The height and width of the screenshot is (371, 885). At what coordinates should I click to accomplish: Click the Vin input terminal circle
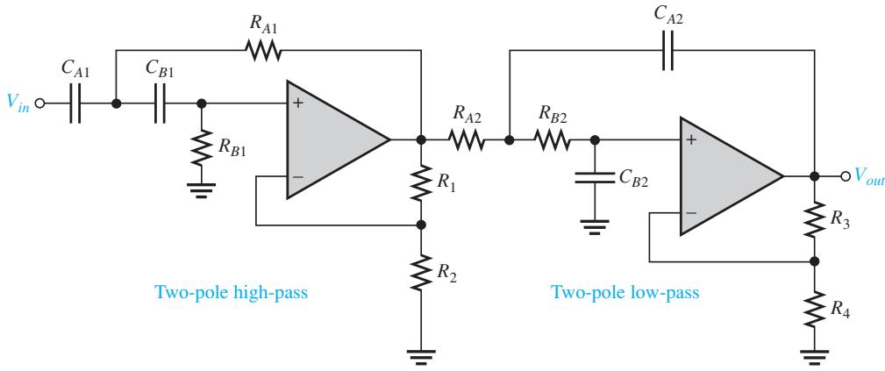pos(39,103)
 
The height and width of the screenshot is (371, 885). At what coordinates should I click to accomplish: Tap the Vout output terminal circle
pos(845,176)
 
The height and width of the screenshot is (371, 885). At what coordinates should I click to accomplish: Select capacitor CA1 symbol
pos(75,103)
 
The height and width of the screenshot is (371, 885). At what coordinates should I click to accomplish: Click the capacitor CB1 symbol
pos(161,103)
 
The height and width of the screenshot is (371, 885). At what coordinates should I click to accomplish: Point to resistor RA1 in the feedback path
pos(264,50)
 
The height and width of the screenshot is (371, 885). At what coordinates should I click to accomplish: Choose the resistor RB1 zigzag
pos(202,147)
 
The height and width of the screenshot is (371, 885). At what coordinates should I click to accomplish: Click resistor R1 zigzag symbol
pos(420,182)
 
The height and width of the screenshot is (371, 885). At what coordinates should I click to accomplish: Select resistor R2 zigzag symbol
pos(420,272)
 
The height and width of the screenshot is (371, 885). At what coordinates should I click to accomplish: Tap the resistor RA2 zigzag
pos(467,139)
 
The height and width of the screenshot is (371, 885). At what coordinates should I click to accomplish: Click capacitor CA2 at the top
pos(667,50)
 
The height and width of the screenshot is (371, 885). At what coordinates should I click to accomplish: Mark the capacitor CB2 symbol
pos(594,178)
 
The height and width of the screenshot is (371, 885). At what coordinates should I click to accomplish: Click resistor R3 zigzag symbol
pos(815,218)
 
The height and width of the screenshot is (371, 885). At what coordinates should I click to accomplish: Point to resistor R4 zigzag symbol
pos(815,309)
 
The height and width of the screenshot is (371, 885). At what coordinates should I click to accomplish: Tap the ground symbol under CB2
pos(594,226)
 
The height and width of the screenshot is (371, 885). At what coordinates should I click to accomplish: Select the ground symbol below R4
pos(815,356)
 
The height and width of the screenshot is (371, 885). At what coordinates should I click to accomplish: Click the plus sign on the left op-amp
pos(297,103)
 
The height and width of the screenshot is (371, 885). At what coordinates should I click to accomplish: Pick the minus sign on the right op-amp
pos(691,213)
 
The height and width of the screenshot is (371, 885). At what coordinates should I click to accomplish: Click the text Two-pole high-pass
pos(232,293)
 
